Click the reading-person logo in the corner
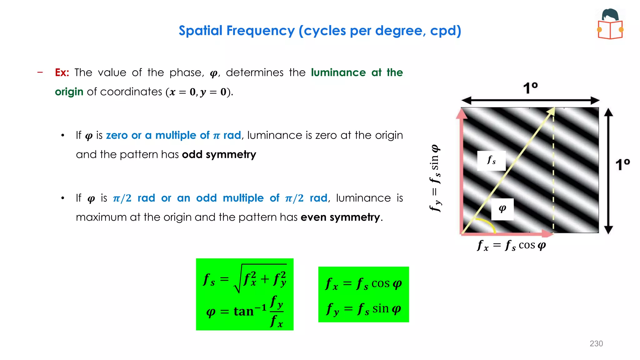coord(610,24)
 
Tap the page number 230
coord(596,343)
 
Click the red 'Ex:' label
coord(62,72)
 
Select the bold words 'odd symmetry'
coord(219,154)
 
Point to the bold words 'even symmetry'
coord(340,217)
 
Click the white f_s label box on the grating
coord(491,161)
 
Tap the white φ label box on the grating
coord(502,209)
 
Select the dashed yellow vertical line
coord(553,175)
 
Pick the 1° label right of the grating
coord(622,164)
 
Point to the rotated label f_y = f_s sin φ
coord(435,178)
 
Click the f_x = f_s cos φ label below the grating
coord(511,245)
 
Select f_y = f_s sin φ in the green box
coord(363,309)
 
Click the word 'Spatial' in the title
coord(200,31)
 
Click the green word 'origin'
coord(69,92)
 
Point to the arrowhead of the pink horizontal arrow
coord(547,233)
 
